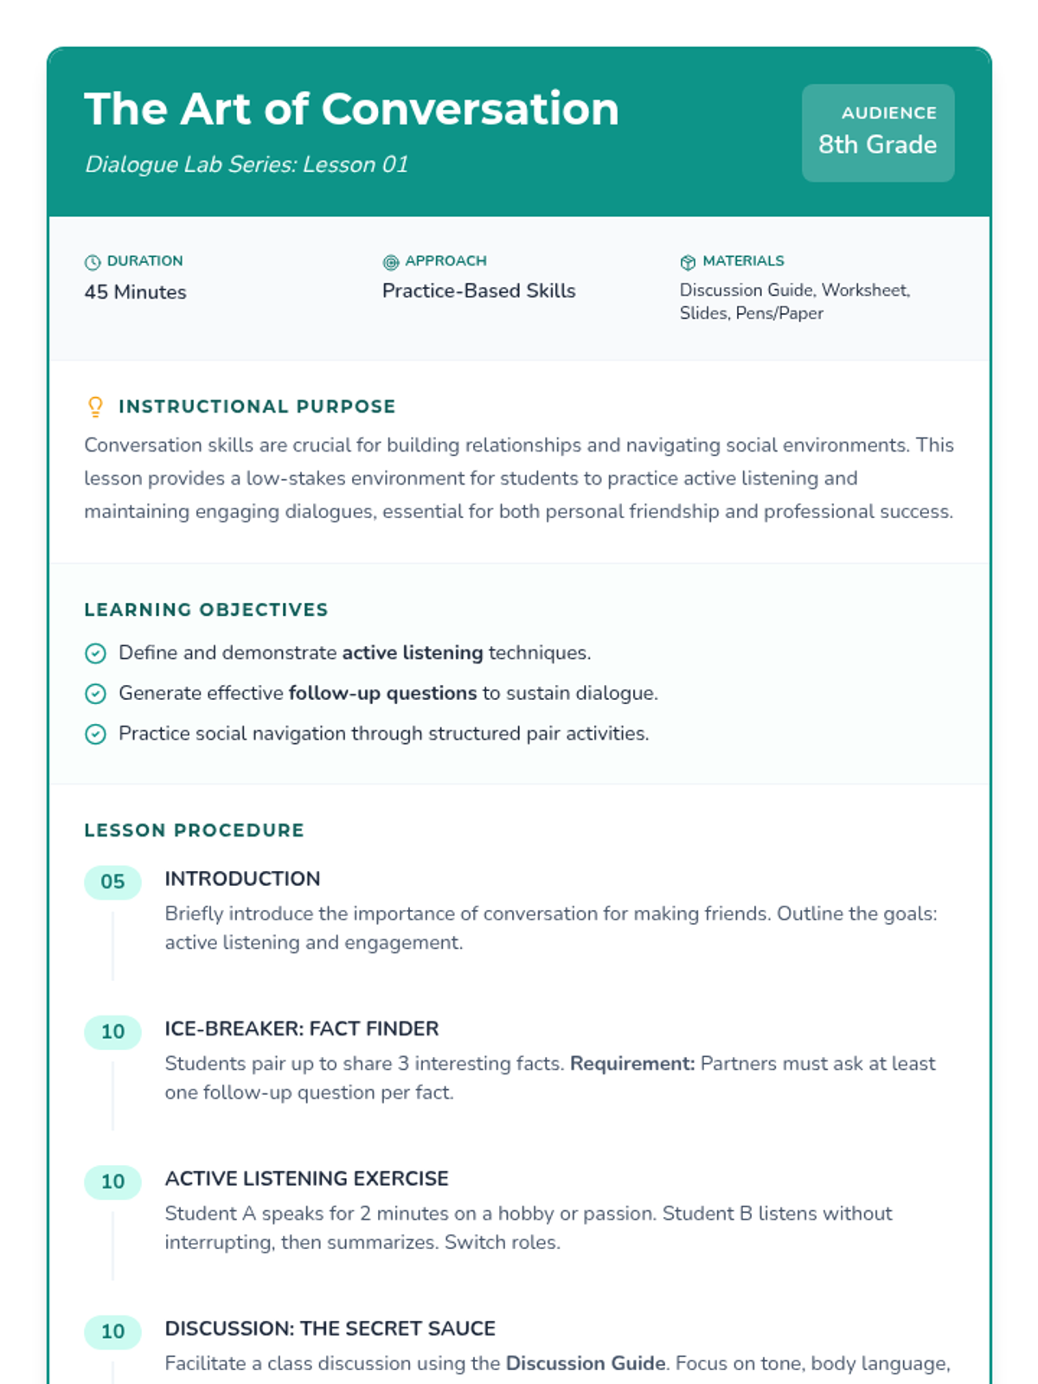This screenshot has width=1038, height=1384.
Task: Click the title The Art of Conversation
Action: tap(351, 110)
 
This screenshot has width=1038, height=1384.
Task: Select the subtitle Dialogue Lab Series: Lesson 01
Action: tap(247, 164)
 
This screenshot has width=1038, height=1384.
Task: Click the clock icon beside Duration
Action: tap(93, 262)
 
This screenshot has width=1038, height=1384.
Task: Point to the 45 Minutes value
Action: tap(135, 292)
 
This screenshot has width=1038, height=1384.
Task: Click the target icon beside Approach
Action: tap(391, 262)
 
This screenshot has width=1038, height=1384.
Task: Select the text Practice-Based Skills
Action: tap(478, 291)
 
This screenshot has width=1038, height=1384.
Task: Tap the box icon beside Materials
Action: tap(688, 262)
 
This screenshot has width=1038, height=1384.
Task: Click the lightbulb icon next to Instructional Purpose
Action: tap(95, 407)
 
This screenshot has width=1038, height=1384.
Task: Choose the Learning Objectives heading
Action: tap(206, 610)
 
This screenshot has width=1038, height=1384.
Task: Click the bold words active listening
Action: tap(412, 653)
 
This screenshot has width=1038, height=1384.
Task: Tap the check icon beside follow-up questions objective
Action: tap(95, 694)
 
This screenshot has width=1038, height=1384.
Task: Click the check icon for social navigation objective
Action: tap(95, 734)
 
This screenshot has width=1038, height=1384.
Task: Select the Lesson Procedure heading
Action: tap(194, 830)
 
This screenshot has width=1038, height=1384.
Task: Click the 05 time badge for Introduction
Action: tap(112, 882)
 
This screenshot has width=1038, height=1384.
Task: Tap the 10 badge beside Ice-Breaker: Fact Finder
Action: tap(112, 1032)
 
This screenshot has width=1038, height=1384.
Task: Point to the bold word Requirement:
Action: tap(632, 1064)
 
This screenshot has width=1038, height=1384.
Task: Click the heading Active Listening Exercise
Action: tap(306, 1179)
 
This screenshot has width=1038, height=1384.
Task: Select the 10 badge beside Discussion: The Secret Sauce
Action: tap(112, 1332)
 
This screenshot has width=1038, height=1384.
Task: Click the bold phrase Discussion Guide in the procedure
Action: tap(586, 1364)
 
